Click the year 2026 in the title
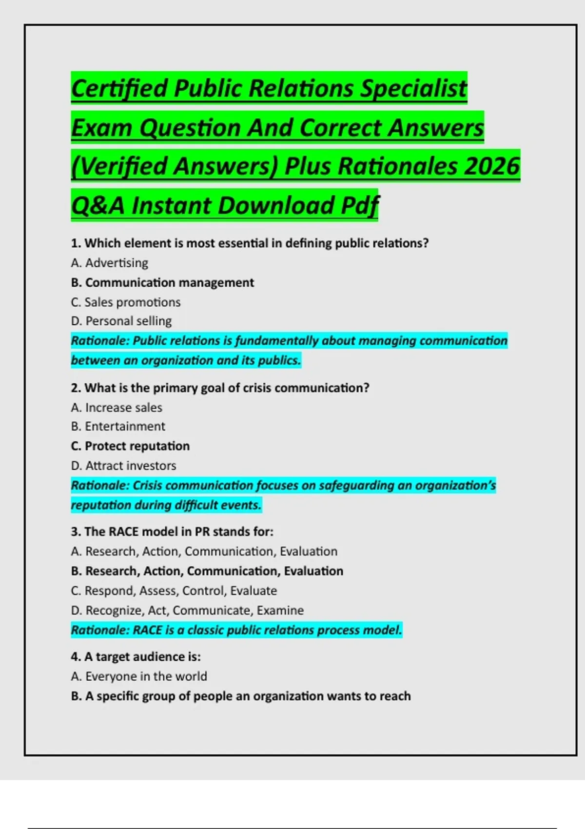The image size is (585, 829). [492, 166]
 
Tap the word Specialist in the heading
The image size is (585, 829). [413, 88]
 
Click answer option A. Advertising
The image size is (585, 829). [109, 263]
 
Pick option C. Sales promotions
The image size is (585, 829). [125, 302]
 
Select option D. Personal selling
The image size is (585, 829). [121, 321]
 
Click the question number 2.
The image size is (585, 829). [75, 388]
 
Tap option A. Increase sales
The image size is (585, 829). [116, 408]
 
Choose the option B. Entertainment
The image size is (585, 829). [117, 427]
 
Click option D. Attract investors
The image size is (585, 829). [123, 466]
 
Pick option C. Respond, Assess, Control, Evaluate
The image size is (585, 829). [174, 591]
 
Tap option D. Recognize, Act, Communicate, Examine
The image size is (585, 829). [187, 611]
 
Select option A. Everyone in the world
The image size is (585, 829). [138, 677]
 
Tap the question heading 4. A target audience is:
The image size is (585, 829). [136, 657]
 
